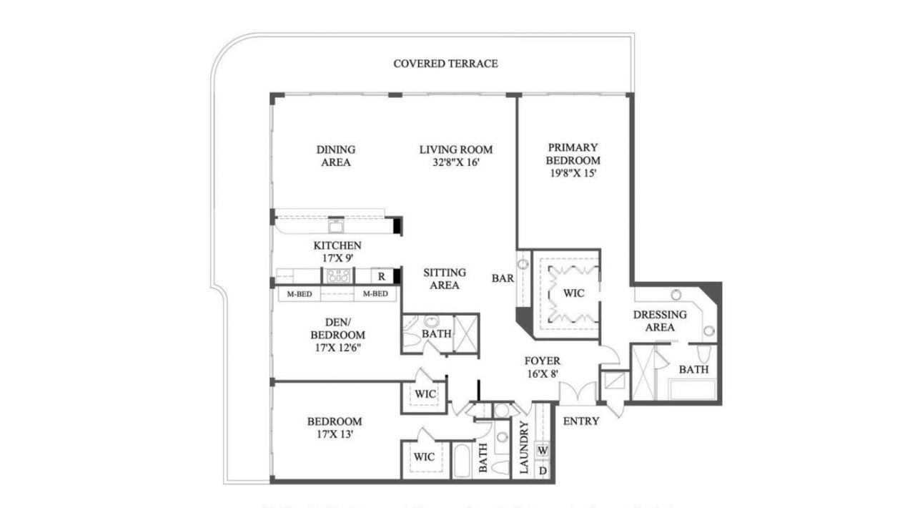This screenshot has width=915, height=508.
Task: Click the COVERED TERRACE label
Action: coord(445,64)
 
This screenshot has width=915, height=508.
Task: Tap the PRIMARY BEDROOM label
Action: coord(573,154)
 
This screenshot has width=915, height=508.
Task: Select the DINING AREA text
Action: coord(335,156)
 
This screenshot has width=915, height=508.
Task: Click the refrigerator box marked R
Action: coord(382,276)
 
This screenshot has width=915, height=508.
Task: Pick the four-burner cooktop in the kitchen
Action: coord(338,276)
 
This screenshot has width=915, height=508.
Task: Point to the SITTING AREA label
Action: coord(444,279)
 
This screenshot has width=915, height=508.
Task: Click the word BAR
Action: coord(502,278)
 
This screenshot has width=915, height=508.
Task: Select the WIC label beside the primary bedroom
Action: coord(573,293)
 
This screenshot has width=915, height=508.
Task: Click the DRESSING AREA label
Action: coord(660,321)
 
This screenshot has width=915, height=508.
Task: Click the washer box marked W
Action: coord(543,451)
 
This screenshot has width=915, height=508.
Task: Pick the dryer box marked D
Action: coord(543,470)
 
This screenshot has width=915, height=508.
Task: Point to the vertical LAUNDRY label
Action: coord(523,448)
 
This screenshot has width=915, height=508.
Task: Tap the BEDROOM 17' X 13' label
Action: coord(335,427)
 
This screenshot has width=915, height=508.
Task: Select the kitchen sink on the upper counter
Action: coord(336,225)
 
